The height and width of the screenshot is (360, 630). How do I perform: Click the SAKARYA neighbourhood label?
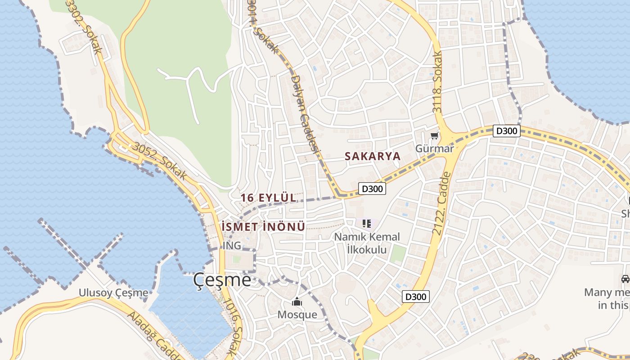point(372,156)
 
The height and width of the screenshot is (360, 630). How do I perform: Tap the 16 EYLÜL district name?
point(268,198)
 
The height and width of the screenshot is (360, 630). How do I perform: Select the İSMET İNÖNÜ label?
point(263,227)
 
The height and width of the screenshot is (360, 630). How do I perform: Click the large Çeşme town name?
point(222,280)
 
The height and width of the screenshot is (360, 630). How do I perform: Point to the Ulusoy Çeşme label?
point(113,293)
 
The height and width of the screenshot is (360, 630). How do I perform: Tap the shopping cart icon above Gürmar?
point(434,135)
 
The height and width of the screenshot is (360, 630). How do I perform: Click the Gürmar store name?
point(434,148)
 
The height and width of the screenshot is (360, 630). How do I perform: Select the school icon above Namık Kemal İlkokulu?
point(366,223)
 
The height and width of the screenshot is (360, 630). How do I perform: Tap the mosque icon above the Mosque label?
point(297,301)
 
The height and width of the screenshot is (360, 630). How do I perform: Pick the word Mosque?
point(297,314)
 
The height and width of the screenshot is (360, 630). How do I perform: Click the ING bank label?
point(232,246)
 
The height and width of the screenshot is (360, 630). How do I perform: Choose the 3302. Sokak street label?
point(85,25)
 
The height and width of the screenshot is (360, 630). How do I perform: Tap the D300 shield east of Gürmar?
point(507,131)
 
